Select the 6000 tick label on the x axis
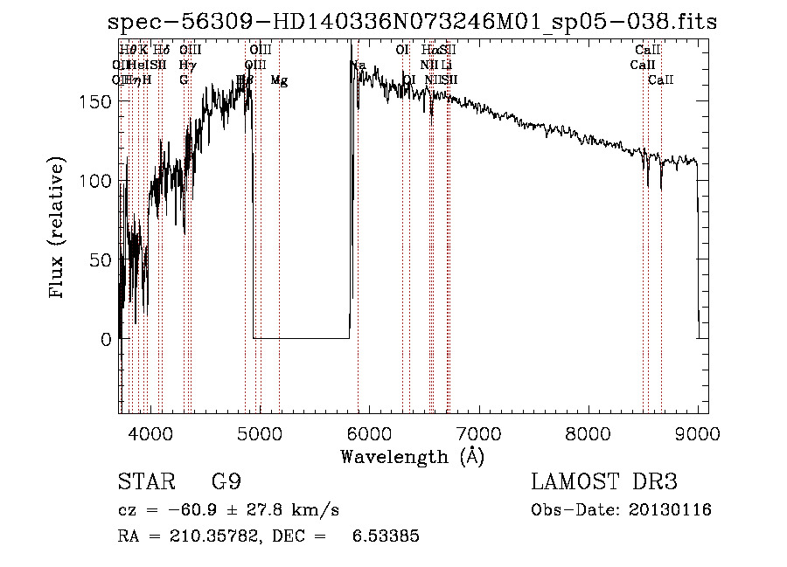(x=368, y=432)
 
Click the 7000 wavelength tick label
(x=478, y=432)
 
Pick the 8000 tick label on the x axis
(x=588, y=432)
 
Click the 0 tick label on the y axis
(x=106, y=339)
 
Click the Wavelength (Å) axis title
(x=412, y=456)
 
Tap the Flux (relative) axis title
(x=59, y=229)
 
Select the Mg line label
(x=279, y=80)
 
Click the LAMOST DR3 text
(x=604, y=482)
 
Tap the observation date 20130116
(x=668, y=510)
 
